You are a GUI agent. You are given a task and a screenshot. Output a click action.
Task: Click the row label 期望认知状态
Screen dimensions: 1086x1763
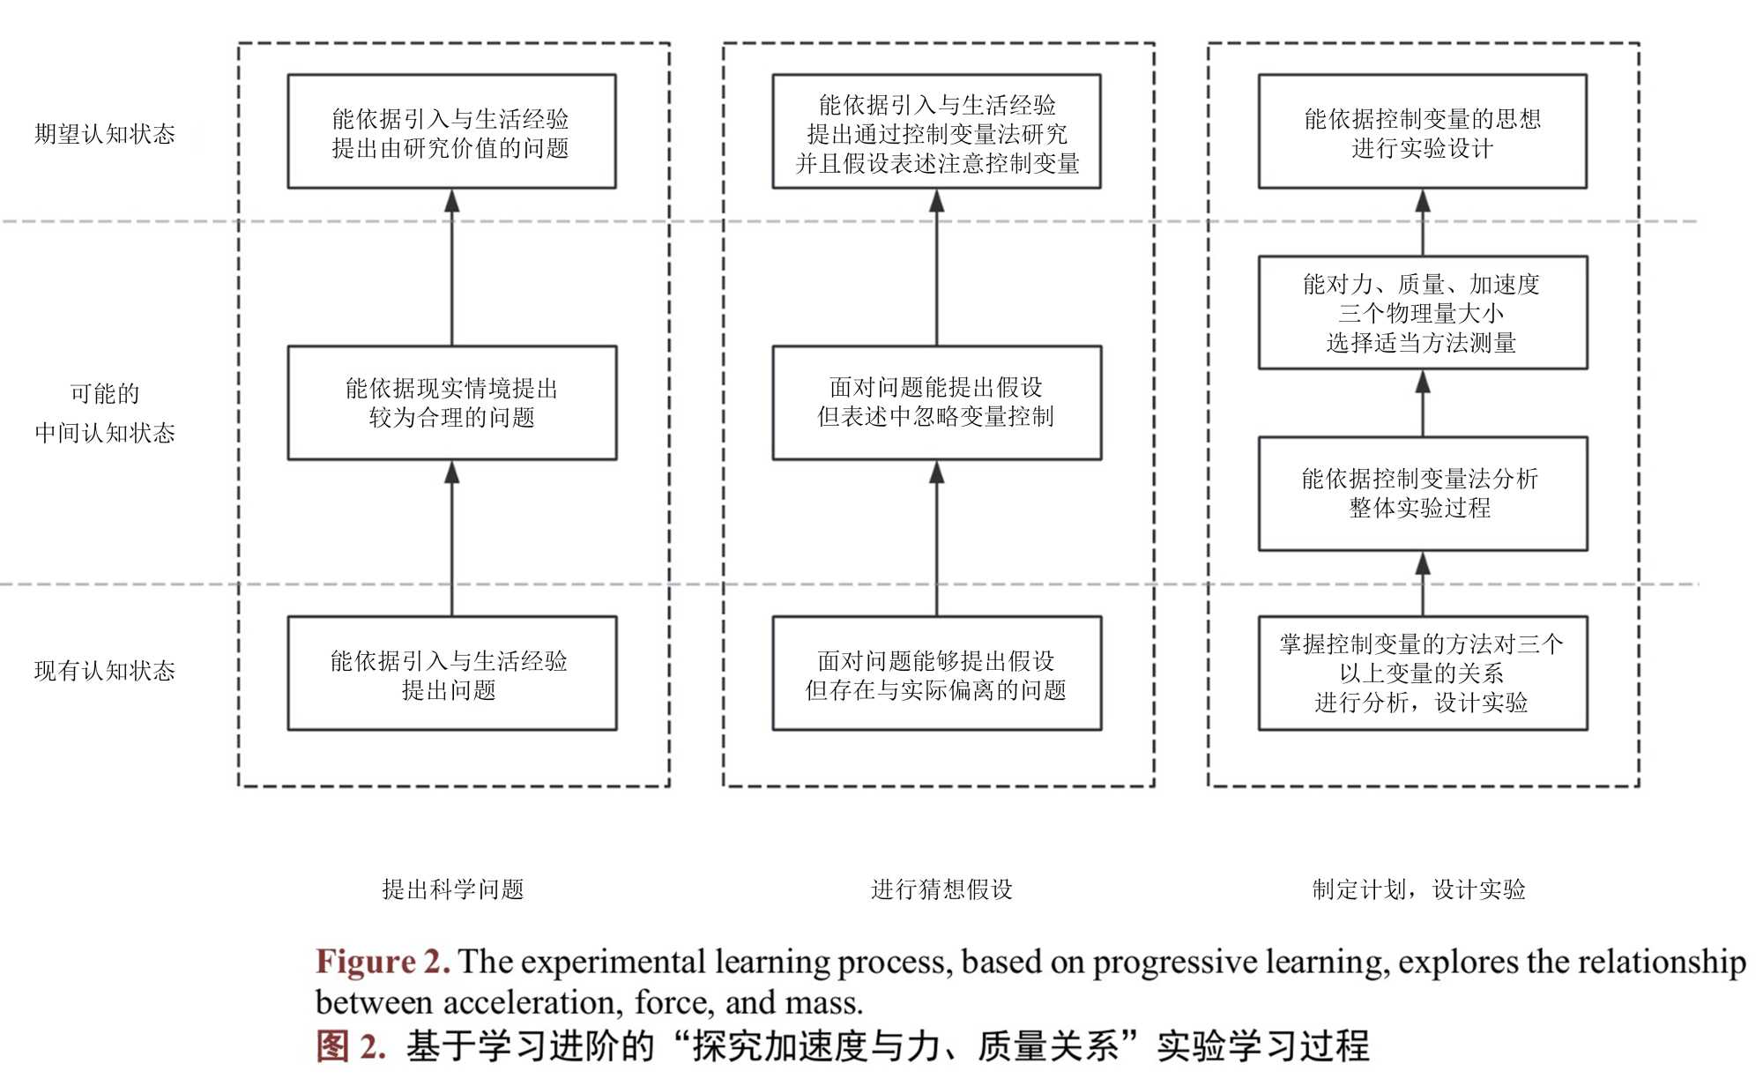(x=105, y=134)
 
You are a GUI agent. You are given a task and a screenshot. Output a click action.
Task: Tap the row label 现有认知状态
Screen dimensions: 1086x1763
(x=105, y=671)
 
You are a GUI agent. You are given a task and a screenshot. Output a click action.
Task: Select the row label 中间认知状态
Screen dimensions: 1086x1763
(x=105, y=433)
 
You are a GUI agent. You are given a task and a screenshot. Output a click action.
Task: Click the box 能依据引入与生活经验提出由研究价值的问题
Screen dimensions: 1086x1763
(x=451, y=132)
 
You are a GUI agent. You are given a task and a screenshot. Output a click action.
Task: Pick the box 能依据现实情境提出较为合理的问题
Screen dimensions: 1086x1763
(x=451, y=403)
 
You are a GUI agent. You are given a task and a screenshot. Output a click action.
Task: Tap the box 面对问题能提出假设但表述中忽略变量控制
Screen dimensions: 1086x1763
(x=936, y=403)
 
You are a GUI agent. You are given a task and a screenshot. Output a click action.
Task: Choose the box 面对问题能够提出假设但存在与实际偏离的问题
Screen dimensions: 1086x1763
(x=936, y=673)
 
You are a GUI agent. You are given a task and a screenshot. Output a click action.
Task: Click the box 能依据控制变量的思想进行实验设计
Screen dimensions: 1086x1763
(x=1422, y=132)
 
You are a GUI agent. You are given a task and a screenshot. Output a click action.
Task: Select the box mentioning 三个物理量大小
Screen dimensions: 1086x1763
(x=1422, y=313)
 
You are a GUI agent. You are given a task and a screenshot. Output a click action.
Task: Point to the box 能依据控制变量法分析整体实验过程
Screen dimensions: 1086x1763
(x=1422, y=494)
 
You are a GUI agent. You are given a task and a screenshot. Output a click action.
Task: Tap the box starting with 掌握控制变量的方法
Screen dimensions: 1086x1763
(x=1422, y=673)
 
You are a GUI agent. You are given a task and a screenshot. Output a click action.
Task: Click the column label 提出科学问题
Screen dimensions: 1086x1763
(x=453, y=889)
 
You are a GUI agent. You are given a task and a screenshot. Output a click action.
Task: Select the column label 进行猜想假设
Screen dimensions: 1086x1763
(x=941, y=889)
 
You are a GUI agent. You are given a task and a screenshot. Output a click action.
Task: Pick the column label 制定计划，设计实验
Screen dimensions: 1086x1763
(x=1418, y=889)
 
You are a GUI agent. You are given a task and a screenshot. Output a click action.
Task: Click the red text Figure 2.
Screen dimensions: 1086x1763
(x=383, y=962)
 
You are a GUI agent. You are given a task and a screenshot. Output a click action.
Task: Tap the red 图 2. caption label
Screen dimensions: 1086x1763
(x=350, y=1046)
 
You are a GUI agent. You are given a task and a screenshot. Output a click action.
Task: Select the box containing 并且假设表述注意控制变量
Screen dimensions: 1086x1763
(x=936, y=132)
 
